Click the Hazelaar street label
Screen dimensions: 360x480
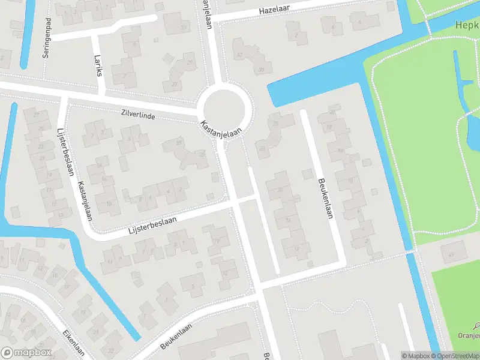[274, 11]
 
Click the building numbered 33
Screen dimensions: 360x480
[183, 28]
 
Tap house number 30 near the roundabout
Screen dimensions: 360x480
[261, 70]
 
